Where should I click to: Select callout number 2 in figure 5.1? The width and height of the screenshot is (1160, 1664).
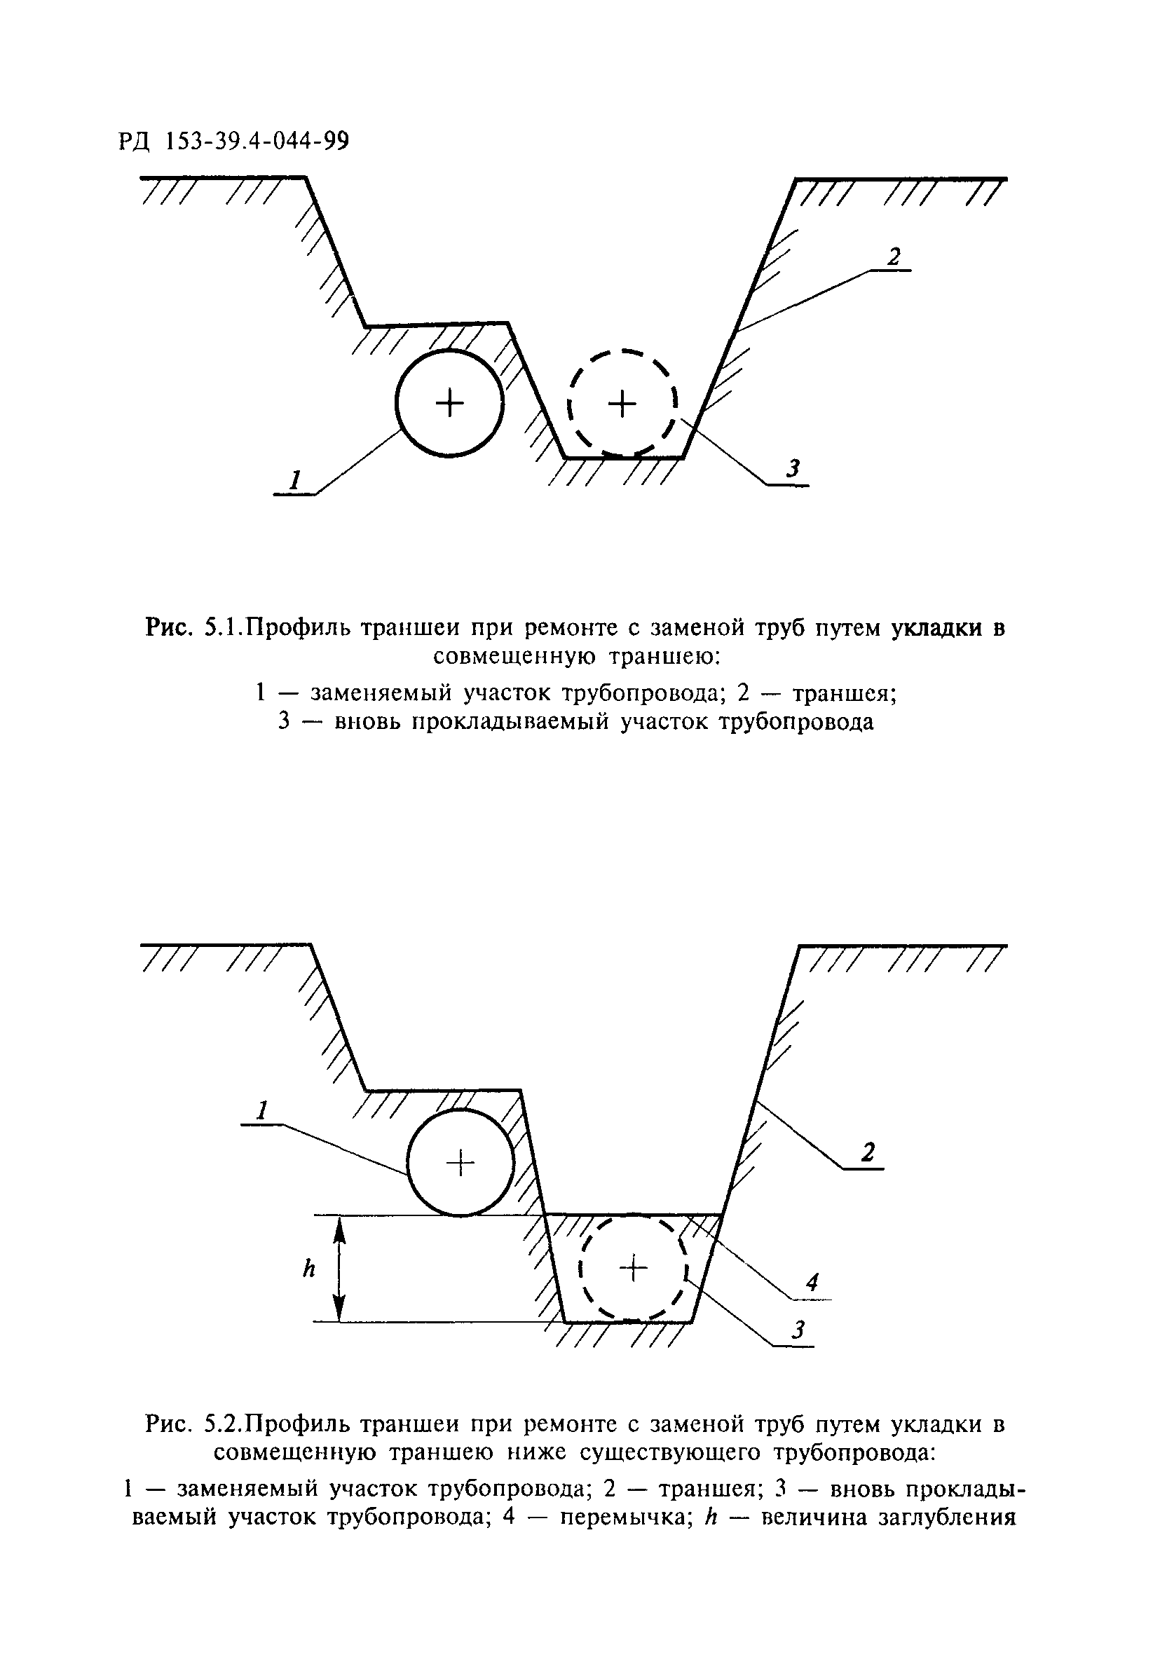tap(894, 257)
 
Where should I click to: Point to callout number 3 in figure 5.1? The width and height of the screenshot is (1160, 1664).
tap(794, 469)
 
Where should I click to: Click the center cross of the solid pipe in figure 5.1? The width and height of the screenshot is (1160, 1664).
tap(449, 403)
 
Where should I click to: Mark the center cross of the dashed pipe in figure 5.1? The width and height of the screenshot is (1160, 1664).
tap(621, 403)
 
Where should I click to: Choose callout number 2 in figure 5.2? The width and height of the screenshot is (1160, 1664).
tap(868, 1152)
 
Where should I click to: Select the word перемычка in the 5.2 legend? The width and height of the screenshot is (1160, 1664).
tap(625, 1517)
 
